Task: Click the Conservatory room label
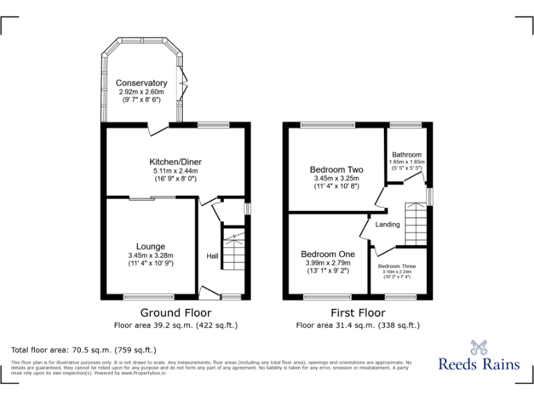click(141, 83)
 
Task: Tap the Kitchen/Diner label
click(175, 162)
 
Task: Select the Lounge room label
click(150, 247)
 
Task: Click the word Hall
click(212, 256)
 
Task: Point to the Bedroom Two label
click(337, 169)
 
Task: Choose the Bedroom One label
click(327, 254)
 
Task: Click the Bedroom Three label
click(397, 266)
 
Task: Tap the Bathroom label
click(406, 155)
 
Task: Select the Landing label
click(387, 224)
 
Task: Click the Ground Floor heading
click(175, 312)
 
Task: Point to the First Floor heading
click(357, 312)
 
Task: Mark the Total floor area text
click(84, 349)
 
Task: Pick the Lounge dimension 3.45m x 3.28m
click(150, 255)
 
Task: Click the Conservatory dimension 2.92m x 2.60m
click(141, 92)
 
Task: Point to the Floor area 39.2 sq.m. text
click(175, 324)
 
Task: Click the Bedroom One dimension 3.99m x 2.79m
click(327, 262)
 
